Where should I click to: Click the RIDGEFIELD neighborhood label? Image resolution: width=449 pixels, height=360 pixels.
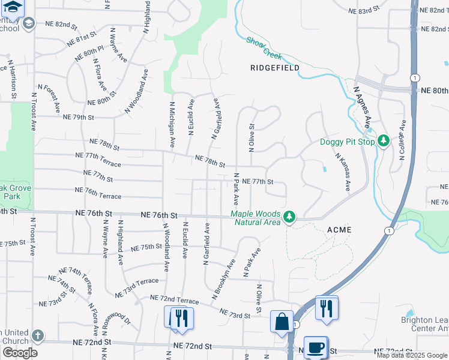point(275,68)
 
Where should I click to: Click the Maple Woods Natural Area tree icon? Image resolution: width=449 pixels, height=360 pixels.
point(289,215)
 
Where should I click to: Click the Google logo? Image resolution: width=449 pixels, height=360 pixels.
point(20,353)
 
